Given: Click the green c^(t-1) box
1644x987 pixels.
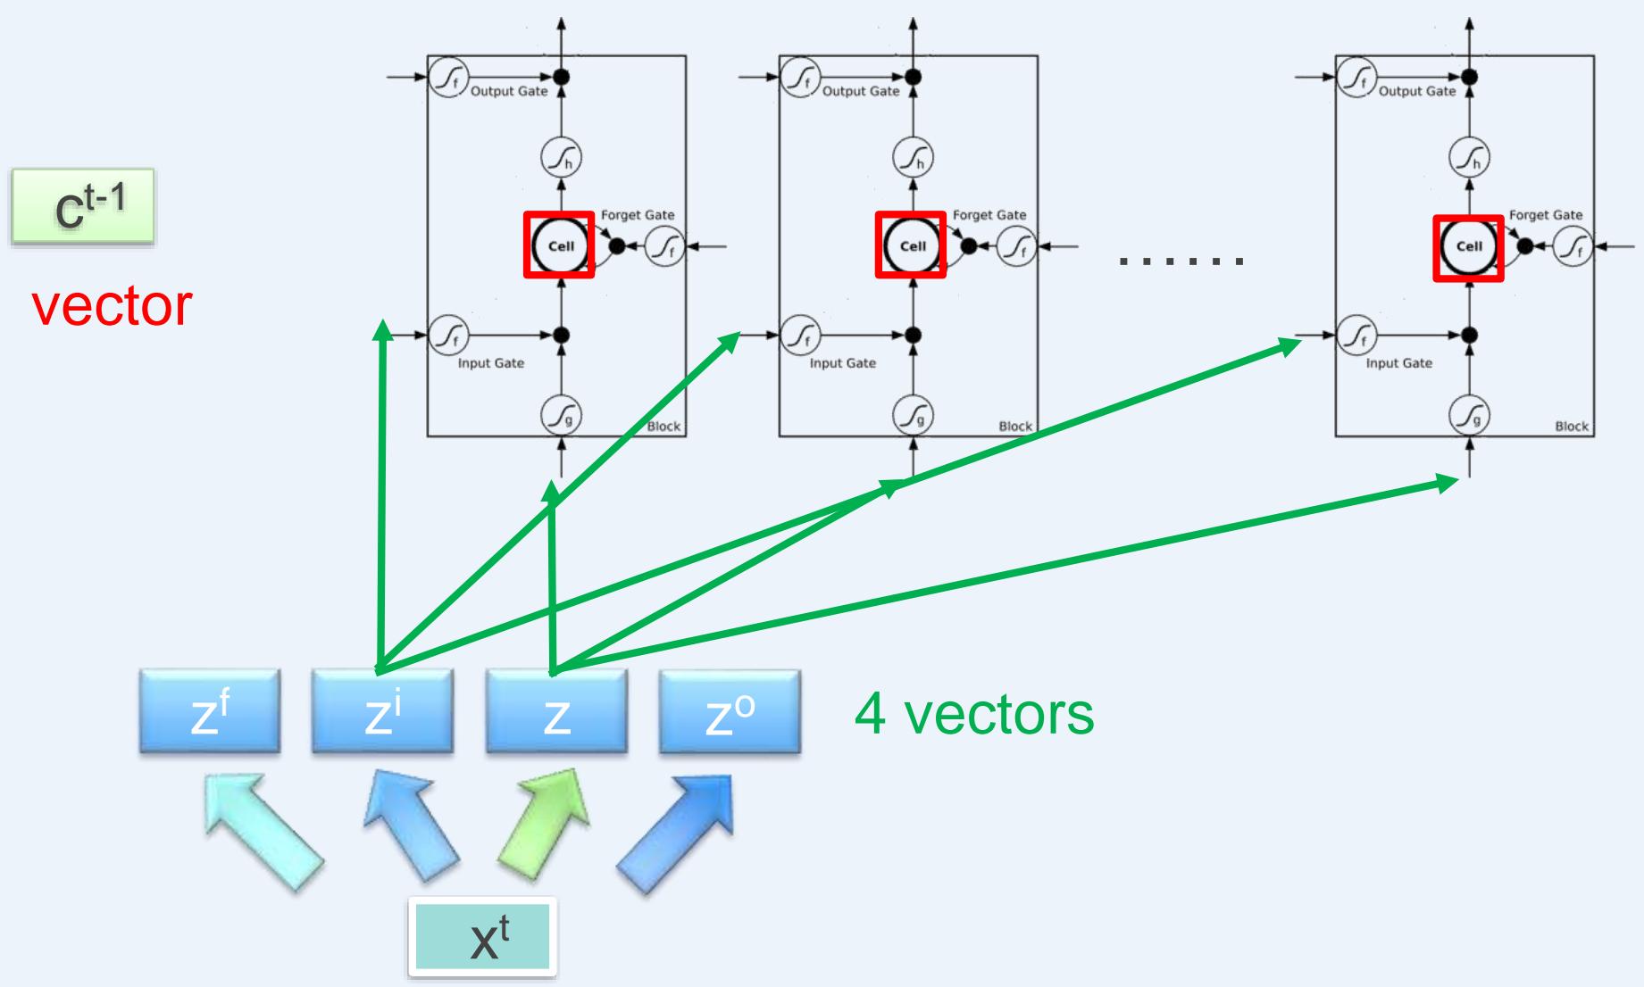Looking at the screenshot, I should (x=83, y=206).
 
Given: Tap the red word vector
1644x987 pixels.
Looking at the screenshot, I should (x=112, y=305).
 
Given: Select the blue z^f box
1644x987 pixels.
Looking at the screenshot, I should (x=210, y=712).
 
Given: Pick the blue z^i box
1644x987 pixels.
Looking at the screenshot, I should (x=382, y=712).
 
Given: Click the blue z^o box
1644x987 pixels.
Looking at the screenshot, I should (x=730, y=712).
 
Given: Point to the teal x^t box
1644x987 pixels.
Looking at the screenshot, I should (x=483, y=938).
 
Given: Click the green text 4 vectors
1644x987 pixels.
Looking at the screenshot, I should (x=973, y=713).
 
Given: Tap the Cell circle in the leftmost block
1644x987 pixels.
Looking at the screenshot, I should (x=559, y=245).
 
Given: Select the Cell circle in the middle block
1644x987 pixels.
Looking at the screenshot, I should (x=911, y=245).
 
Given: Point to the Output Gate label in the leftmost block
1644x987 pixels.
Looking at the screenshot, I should (x=509, y=91).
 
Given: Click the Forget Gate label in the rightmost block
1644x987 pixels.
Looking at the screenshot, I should (x=1545, y=215).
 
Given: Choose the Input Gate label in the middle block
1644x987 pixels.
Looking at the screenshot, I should (x=842, y=363).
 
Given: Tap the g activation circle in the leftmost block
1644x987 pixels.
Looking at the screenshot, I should (x=561, y=415).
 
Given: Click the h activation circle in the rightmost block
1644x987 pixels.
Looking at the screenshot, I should (x=1469, y=159).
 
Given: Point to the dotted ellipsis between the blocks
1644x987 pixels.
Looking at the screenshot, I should (x=1181, y=261).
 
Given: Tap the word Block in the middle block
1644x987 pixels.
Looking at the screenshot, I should (x=1015, y=427).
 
